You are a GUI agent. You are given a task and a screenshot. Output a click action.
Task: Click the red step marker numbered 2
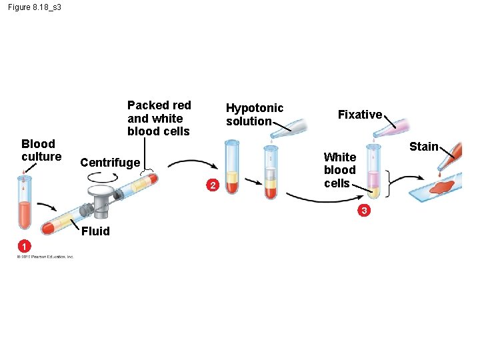[211, 185]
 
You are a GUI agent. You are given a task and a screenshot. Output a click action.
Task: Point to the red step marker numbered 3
[363, 211]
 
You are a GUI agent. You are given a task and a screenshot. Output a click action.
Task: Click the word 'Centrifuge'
[110, 162]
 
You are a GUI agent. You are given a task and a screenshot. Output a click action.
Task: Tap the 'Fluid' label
[95, 231]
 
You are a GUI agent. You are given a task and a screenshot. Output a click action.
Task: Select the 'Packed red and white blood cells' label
[159, 118]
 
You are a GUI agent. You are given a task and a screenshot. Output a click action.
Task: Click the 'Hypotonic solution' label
[254, 114]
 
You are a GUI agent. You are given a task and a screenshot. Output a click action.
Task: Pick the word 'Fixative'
[360, 115]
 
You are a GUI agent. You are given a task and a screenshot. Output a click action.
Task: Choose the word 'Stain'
[423, 146]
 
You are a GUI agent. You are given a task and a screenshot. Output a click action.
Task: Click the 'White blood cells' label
[339, 170]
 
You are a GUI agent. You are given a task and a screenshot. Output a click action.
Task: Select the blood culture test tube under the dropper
[25, 203]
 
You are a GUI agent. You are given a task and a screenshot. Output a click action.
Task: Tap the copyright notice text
[45, 256]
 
